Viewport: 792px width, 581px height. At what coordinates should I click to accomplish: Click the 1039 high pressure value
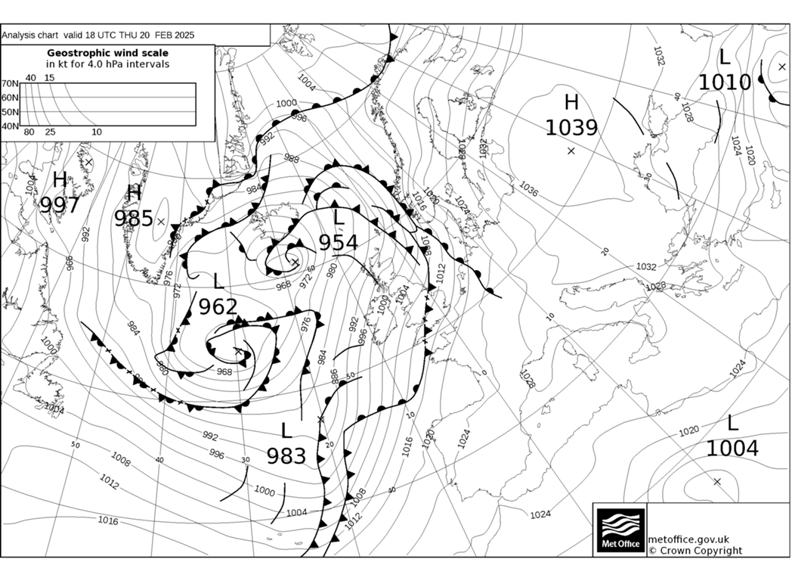(x=571, y=128)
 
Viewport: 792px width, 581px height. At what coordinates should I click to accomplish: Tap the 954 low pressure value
(x=338, y=243)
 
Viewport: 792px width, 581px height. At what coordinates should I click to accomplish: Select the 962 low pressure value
(x=218, y=306)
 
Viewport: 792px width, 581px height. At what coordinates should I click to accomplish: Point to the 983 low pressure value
(x=286, y=456)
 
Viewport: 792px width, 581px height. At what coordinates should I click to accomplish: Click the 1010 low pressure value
(x=725, y=82)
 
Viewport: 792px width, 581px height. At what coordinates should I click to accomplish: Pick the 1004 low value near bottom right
(x=732, y=449)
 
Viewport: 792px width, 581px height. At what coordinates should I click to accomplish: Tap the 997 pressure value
(x=60, y=205)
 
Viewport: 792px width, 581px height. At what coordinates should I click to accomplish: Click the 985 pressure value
(x=134, y=219)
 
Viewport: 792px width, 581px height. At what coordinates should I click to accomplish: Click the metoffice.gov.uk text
(x=688, y=539)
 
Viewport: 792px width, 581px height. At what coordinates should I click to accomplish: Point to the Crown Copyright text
(x=695, y=551)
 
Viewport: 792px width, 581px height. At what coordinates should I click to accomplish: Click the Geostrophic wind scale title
(x=107, y=53)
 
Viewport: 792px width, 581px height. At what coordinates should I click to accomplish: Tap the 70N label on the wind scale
(x=10, y=84)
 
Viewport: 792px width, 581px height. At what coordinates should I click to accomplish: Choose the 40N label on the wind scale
(x=10, y=126)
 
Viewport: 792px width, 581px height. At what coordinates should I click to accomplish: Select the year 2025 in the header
(x=182, y=35)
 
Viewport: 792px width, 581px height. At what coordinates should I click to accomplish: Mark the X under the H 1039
(x=571, y=151)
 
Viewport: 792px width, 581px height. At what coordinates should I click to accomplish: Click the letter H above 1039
(x=571, y=103)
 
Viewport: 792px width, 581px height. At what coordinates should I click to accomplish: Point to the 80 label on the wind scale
(x=29, y=132)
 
